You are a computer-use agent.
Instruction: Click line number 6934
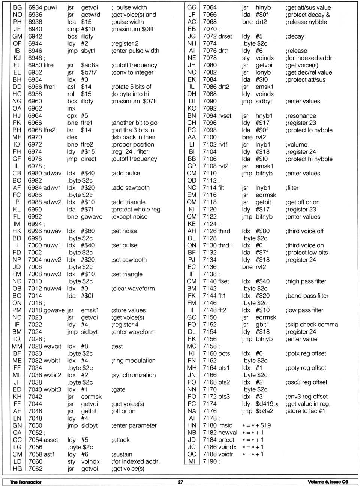35,7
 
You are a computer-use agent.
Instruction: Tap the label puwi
51,7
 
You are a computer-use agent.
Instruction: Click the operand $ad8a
90,65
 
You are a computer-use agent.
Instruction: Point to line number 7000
35,245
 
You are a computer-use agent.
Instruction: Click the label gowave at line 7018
55,310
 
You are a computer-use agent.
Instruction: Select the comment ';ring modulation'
133,361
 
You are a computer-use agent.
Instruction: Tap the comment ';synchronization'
133,375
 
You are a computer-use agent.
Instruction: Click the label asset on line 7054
51,440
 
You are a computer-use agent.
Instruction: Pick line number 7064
210,7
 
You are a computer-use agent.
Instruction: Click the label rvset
225,116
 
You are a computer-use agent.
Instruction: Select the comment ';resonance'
301,116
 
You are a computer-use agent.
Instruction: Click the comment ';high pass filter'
306,281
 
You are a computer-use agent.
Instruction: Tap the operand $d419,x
267,404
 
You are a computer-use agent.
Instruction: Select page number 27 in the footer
180,482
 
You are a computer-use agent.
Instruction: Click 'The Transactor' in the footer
25,482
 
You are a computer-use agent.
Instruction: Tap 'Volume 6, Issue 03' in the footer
328,482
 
